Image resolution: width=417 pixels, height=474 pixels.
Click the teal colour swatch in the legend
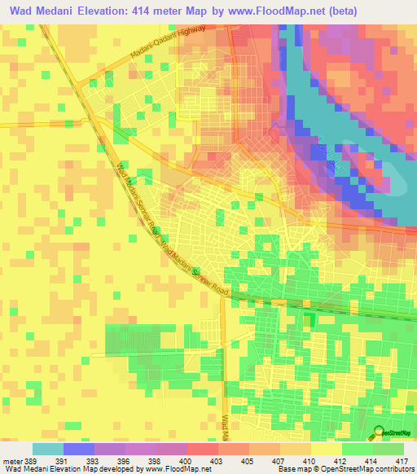tap(48, 449)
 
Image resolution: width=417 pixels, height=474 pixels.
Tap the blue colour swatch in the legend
tap(79, 449)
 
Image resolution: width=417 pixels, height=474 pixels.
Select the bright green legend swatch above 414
tap(357, 449)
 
